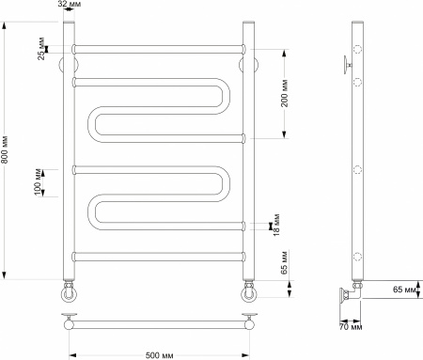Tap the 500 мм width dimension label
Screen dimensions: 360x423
click(158, 353)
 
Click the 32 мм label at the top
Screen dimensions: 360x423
click(69, 5)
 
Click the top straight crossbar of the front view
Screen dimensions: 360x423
click(158, 47)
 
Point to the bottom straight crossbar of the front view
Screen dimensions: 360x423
click(158, 256)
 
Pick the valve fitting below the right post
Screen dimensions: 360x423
click(248, 287)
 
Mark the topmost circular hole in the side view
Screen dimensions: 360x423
click(358, 48)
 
